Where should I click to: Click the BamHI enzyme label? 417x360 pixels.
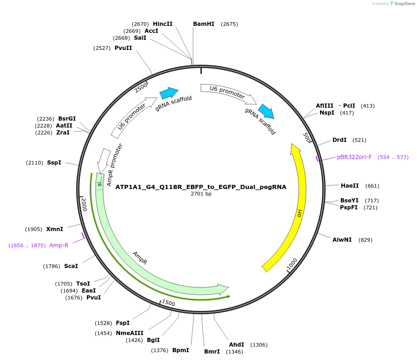pos(204,24)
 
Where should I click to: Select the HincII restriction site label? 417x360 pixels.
pos(163,24)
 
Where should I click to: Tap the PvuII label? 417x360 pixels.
pos(123,48)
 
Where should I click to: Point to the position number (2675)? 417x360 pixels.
pos(230,24)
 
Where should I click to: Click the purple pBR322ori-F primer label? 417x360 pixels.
pos(354,157)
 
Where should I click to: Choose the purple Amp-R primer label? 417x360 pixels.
pos(59,245)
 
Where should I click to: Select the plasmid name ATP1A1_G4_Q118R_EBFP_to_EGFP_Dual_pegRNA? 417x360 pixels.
pos(201,187)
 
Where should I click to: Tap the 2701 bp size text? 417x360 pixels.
pos(201,194)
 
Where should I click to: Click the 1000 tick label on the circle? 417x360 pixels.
pos(292,264)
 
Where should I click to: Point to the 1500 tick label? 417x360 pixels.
pos(169,303)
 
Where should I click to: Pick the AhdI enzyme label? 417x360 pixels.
pos(236,345)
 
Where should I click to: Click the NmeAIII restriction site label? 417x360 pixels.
pos(129,333)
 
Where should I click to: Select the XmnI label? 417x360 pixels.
pos(54,229)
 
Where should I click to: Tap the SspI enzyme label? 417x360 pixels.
pos(54,163)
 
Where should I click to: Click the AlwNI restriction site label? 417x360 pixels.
pos(342,240)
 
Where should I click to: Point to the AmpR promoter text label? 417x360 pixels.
pos(115,165)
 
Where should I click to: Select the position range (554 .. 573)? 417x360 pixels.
pos(393,157)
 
